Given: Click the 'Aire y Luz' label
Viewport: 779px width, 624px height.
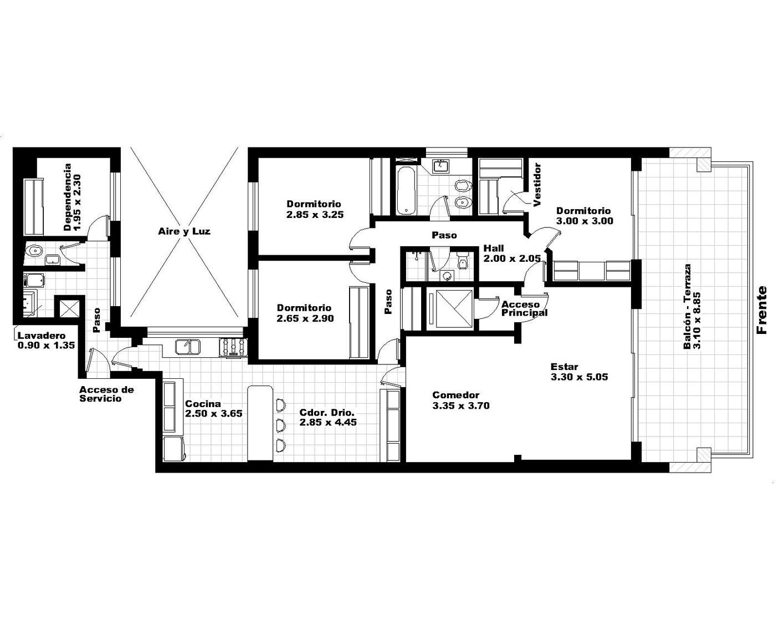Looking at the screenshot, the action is coord(184,231).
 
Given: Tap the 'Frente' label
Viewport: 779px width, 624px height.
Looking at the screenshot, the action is coord(762,310).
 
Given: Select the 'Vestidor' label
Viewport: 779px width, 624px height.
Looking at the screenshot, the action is coord(537,185).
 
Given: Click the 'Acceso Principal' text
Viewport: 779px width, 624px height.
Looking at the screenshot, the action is coord(524,309).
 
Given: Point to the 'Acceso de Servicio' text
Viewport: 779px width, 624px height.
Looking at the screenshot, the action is coord(106,394).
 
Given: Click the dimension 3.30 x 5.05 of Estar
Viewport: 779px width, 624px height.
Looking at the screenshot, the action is coord(579,377).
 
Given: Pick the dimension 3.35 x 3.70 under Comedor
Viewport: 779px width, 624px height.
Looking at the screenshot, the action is coord(461,405).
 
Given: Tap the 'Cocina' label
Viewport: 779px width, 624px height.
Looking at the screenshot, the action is coord(203,404).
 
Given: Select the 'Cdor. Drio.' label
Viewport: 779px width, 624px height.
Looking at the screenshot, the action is coord(327,412).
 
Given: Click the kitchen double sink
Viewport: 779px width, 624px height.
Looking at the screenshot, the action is coord(188,347).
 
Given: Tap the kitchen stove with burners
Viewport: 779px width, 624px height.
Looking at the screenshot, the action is coord(233,347).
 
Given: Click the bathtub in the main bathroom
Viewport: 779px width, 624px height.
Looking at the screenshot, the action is coord(406,190).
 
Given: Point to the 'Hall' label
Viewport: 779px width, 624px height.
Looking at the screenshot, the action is coord(494,248).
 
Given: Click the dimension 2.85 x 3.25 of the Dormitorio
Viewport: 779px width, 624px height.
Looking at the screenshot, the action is coord(315,215).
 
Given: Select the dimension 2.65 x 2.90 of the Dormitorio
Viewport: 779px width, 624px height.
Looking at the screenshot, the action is coord(305,318).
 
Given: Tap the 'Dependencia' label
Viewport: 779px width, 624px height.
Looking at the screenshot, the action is coord(67,197).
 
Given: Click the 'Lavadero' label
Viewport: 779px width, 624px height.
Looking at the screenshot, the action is coord(42,336).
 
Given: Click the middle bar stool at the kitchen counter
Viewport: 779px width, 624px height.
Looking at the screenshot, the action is coord(280,425).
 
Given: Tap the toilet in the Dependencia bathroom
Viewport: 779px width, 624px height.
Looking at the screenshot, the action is coord(35,250).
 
